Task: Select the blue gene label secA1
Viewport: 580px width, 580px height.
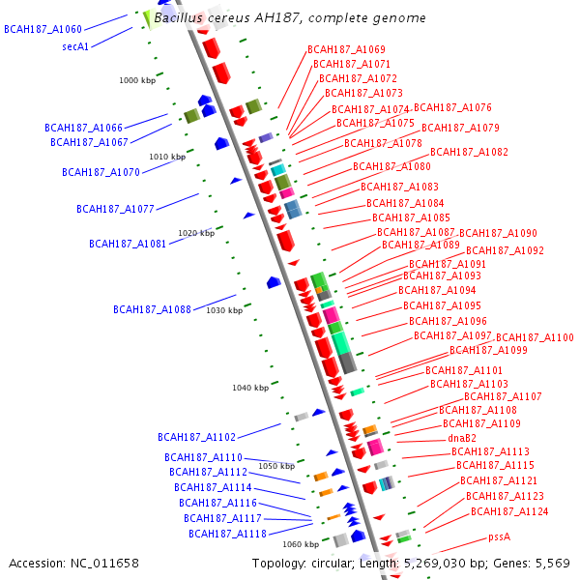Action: point(75,46)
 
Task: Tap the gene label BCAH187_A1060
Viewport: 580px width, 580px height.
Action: point(43,30)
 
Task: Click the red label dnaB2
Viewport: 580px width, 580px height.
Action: point(463,438)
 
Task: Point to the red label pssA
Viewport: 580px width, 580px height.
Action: point(499,536)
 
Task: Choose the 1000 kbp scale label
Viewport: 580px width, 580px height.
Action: point(137,81)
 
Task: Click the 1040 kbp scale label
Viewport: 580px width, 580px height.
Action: point(249,388)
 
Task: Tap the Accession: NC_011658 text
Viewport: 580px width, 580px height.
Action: point(73,563)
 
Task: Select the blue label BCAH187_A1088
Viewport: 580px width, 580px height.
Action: point(152,310)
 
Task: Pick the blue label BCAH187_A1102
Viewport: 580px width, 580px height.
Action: point(197,437)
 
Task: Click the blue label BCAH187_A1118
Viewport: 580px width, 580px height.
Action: point(227,534)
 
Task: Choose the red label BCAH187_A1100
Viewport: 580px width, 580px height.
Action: point(535,337)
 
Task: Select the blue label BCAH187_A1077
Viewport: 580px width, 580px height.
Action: point(115,209)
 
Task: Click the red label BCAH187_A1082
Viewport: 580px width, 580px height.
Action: point(469,152)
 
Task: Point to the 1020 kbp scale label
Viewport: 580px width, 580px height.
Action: point(196,233)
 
